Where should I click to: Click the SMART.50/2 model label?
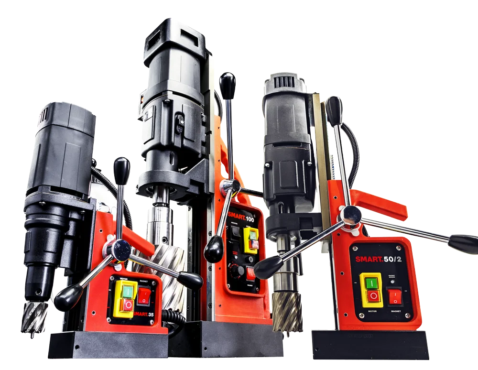(x=380, y=260)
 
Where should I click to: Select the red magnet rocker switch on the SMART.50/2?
(x=395, y=296)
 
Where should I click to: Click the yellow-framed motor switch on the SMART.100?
(x=251, y=239)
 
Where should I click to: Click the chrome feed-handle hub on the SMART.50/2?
(x=352, y=215)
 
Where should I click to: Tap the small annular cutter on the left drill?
(x=34, y=316)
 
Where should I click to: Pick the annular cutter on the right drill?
(x=287, y=311)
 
